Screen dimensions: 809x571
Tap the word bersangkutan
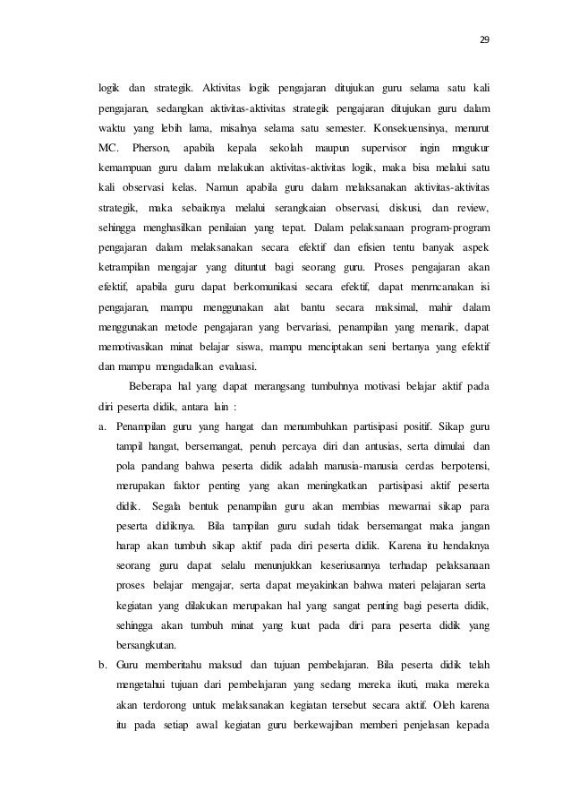click(147, 643)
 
